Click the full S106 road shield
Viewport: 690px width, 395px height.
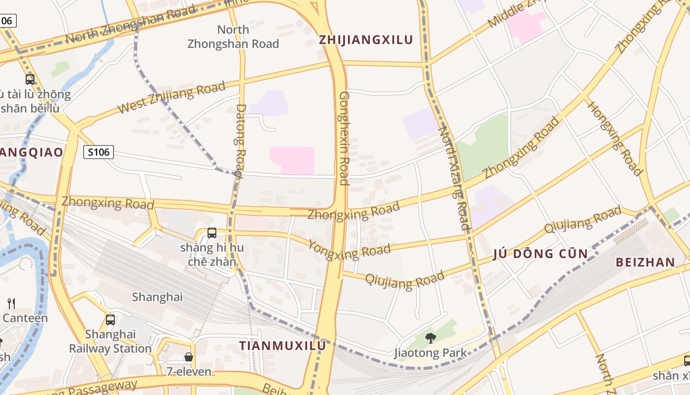tap(99, 152)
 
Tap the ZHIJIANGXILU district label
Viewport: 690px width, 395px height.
tap(366, 40)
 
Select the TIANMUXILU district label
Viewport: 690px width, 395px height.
tap(282, 346)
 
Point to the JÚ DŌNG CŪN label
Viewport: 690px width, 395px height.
tap(541, 254)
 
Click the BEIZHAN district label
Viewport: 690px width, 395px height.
tap(645, 262)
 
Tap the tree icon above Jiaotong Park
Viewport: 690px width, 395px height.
tap(430, 338)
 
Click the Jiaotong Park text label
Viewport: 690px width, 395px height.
tap(430, 353)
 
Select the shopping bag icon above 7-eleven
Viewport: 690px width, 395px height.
tap(189, 356)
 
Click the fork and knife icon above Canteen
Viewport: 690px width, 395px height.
tap(11, 303)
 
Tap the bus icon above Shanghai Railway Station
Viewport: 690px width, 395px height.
tap(110, 320)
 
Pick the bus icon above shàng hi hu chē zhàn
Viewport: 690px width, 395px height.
tap(212, 233)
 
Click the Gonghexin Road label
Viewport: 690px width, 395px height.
tap(344, 138)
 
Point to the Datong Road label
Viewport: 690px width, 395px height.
tap(240, 140)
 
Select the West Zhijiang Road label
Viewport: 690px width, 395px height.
tap(172, 98)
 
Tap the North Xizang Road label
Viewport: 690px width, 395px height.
tap(454, 178)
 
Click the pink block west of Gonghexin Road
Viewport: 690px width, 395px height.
tap(292, 160)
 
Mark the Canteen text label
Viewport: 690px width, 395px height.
tap(25, 317)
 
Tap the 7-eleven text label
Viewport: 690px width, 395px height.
tap(189, 371)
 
